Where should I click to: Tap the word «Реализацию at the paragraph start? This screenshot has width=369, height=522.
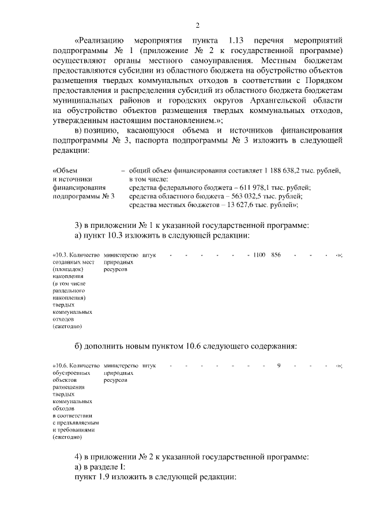coord(96,40)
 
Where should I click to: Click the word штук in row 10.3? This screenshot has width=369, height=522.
coord(148,254)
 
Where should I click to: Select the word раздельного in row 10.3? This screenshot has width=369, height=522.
coord(68,291)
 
